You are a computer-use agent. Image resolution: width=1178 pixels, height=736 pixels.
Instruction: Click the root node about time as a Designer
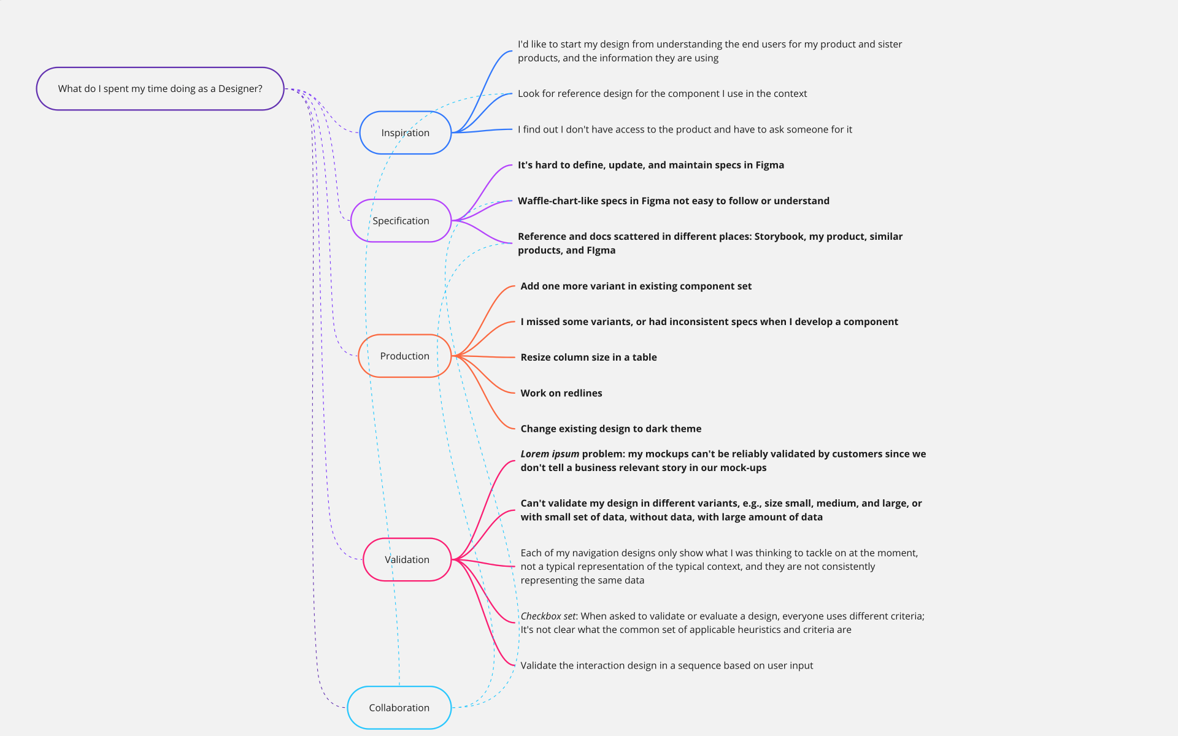click(x=160, y=89)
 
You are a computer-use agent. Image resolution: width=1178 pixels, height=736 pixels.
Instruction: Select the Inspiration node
click(x=406, y=132)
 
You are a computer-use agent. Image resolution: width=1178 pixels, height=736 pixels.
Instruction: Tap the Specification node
click(x=401, y=221)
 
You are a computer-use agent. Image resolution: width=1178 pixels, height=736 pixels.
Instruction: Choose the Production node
click(x=405, y=356)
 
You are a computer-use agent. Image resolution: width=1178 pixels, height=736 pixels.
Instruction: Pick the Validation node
click(x=407, y=559)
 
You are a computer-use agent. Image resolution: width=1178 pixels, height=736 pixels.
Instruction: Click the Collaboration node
click(x=399, y=708)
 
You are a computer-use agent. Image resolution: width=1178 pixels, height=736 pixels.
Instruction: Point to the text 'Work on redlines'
click(x=561, y=393)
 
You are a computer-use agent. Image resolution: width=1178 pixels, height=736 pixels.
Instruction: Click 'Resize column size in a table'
click(x=588, y=357)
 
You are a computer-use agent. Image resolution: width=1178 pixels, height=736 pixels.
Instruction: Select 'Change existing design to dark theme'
click(x=611, y=429)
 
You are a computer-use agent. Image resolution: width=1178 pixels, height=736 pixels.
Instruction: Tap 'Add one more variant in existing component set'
click(x=636, y=286)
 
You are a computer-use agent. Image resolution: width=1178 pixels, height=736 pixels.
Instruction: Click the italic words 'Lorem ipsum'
click(x=550, y=454)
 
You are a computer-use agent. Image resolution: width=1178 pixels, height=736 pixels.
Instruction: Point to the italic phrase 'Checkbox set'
click(x=548, y=616)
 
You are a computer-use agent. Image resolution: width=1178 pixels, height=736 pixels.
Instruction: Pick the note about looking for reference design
click(x=662, y=94)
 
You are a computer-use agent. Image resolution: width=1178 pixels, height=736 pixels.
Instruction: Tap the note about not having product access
click(x=685, y=129)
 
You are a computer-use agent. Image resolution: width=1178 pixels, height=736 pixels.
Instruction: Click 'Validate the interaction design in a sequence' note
click(x=667, y=665)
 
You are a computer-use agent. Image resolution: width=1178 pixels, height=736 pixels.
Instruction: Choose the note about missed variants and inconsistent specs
click(x=709, y=321)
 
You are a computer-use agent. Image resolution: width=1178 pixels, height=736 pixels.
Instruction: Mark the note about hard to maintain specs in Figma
click(x=651, y=165)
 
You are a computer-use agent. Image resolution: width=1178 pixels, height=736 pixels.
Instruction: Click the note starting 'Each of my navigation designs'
click(x=719, y=567)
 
